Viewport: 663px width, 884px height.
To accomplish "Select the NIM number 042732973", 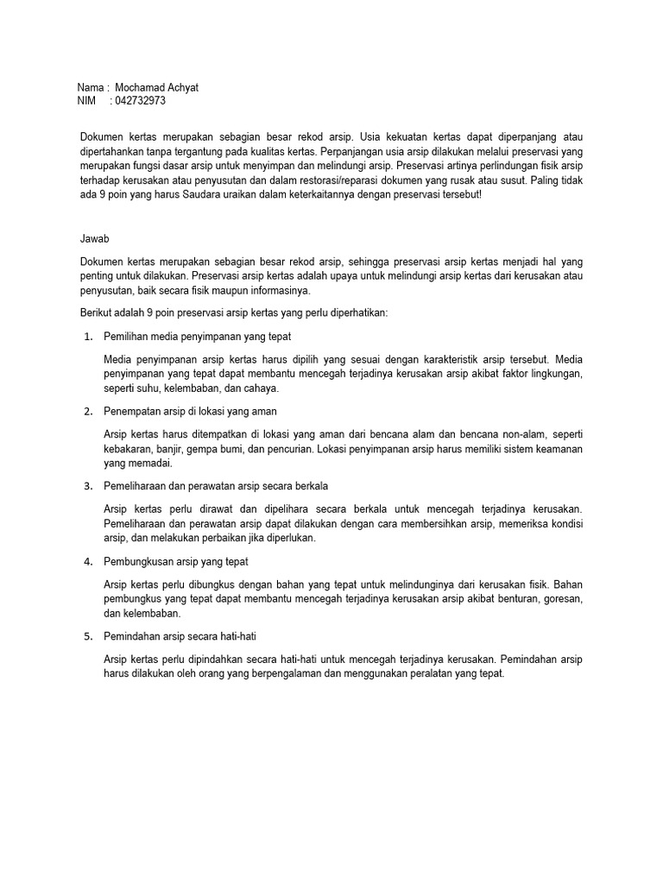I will [140, 101].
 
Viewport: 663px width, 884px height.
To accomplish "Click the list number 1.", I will [88, 336].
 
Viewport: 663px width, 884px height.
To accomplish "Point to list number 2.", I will [88, 411].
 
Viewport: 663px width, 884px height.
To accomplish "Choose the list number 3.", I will [88, 486].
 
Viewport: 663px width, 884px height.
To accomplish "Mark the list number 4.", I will [88, 561].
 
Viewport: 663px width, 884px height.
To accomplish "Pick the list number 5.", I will [88, 636].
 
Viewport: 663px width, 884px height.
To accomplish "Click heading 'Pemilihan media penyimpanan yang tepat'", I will [203, 336].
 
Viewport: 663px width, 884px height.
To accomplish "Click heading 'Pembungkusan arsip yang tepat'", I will [176, 561].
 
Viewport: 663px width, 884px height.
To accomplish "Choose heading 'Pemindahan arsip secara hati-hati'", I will [180, 636].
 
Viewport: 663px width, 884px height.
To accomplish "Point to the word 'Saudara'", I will [199, 195].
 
